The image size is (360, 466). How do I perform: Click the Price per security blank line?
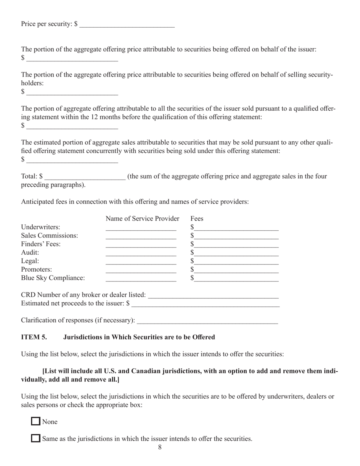[127, 25]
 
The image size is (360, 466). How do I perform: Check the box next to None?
[36, 421]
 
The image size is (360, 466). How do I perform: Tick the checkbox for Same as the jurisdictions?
[36, 438]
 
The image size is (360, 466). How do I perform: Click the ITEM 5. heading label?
[34, 337]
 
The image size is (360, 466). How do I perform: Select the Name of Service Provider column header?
[142, 219]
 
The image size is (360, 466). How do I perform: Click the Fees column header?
[197, 219]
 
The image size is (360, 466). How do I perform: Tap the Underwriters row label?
[41, 227]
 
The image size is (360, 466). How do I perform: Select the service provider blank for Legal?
[141, 261]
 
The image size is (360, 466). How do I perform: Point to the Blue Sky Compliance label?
[53, 278]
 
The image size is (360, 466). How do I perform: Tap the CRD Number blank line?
[213, 296]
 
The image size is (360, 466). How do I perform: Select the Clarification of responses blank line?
[207, 321]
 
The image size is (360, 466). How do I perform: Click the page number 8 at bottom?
[160, 447]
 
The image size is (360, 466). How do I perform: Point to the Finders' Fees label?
[41, 244]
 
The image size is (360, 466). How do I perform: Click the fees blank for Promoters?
[237, 270]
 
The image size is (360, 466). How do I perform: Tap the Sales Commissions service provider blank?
[141, 236]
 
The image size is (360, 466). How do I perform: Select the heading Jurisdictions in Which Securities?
[139, 337]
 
